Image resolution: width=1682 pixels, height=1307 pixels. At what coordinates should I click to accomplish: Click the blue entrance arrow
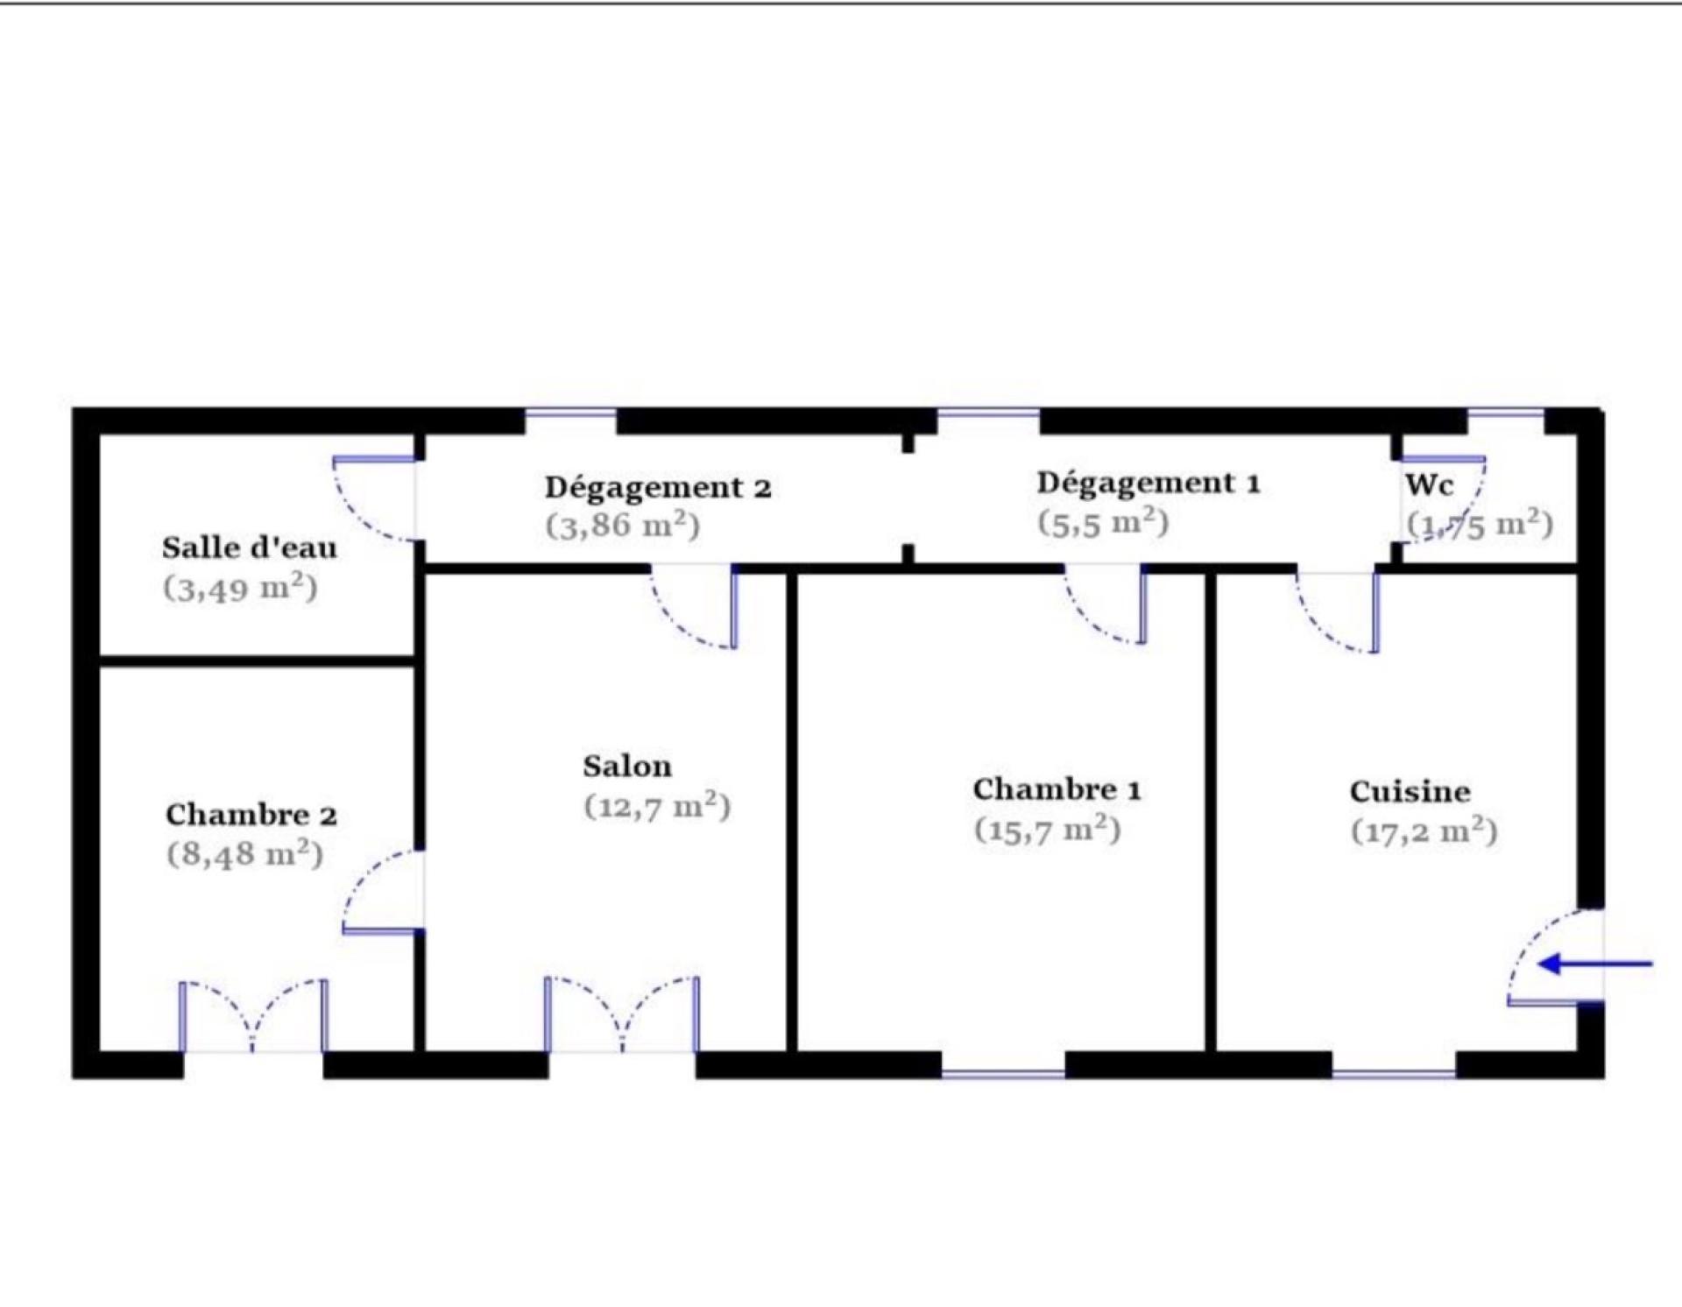(1595, 964)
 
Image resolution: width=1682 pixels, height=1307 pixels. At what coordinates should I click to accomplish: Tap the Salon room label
(627, 767)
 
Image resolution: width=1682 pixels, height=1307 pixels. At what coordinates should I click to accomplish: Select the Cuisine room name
(1410, 792)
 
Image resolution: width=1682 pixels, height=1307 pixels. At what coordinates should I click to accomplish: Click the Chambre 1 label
(1057, 789)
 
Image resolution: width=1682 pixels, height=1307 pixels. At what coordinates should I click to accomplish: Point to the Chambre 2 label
(251, 815)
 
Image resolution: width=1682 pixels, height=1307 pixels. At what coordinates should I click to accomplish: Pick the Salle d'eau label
(250, 548)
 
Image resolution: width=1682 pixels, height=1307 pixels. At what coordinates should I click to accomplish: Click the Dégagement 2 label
(658, 487)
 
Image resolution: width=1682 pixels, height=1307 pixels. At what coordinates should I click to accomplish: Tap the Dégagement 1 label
(1148, 483)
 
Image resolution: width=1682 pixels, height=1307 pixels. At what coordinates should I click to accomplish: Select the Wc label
(1429, 484)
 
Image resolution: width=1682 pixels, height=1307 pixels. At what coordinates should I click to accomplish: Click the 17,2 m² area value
(1424, 830)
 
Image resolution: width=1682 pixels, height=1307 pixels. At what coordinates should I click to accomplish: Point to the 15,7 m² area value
(1047, 829)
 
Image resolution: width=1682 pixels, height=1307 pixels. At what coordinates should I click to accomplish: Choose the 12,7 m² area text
(657, 805)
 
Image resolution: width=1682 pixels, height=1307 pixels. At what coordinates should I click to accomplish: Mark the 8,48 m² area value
(244, 853)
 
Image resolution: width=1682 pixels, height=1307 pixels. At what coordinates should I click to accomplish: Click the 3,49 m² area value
(240, 587)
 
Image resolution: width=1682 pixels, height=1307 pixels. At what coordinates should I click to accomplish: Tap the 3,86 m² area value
(622, 526)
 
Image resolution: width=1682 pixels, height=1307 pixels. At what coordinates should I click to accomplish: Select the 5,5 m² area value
(1103, 522)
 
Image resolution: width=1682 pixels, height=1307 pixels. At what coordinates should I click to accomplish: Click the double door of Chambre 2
(253, 1016)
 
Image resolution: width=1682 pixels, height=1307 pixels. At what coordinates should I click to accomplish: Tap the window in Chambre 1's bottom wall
(1003, 1073)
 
